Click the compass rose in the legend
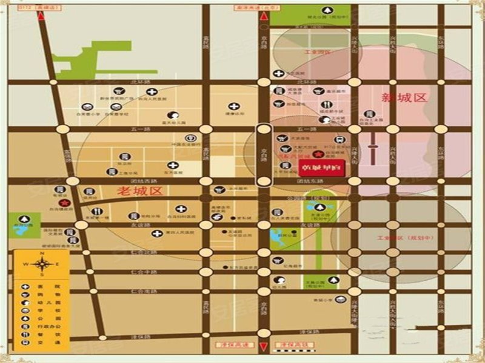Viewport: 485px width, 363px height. click(43, 264)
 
